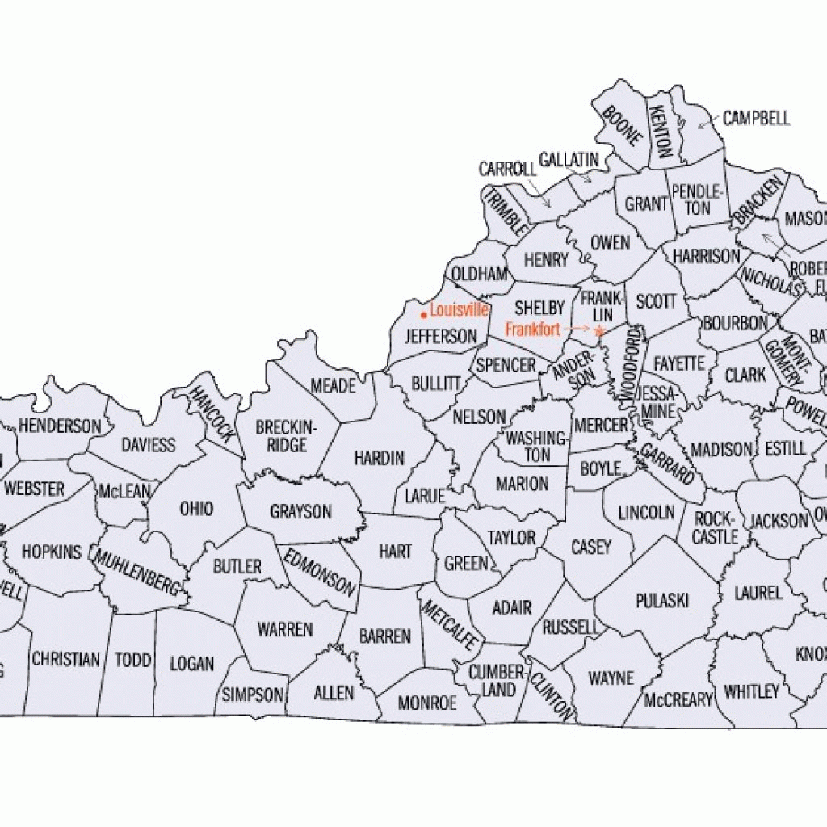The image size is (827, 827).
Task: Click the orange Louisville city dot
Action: [423, 314]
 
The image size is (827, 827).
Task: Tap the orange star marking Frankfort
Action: [598, 330]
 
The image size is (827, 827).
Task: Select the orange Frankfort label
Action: [532, 330]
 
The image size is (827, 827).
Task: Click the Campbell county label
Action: [756, 119]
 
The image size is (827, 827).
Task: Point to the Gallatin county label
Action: [569, 159]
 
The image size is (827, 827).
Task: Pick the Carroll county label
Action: [507, 170]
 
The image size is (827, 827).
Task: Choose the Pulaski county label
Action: [662, 600]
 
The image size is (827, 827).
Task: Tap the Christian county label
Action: [65, 659]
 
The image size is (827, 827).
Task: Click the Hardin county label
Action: [379, 458]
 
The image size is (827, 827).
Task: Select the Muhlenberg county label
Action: [136, 570]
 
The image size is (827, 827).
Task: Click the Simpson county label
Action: [253, 695]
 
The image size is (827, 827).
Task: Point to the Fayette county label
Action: [679, 363]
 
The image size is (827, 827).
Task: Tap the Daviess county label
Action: [149, 445]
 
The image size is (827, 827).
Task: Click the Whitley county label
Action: [752, 691]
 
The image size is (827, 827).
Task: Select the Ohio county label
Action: [196, 508]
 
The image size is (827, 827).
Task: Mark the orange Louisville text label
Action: [459, 309]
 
